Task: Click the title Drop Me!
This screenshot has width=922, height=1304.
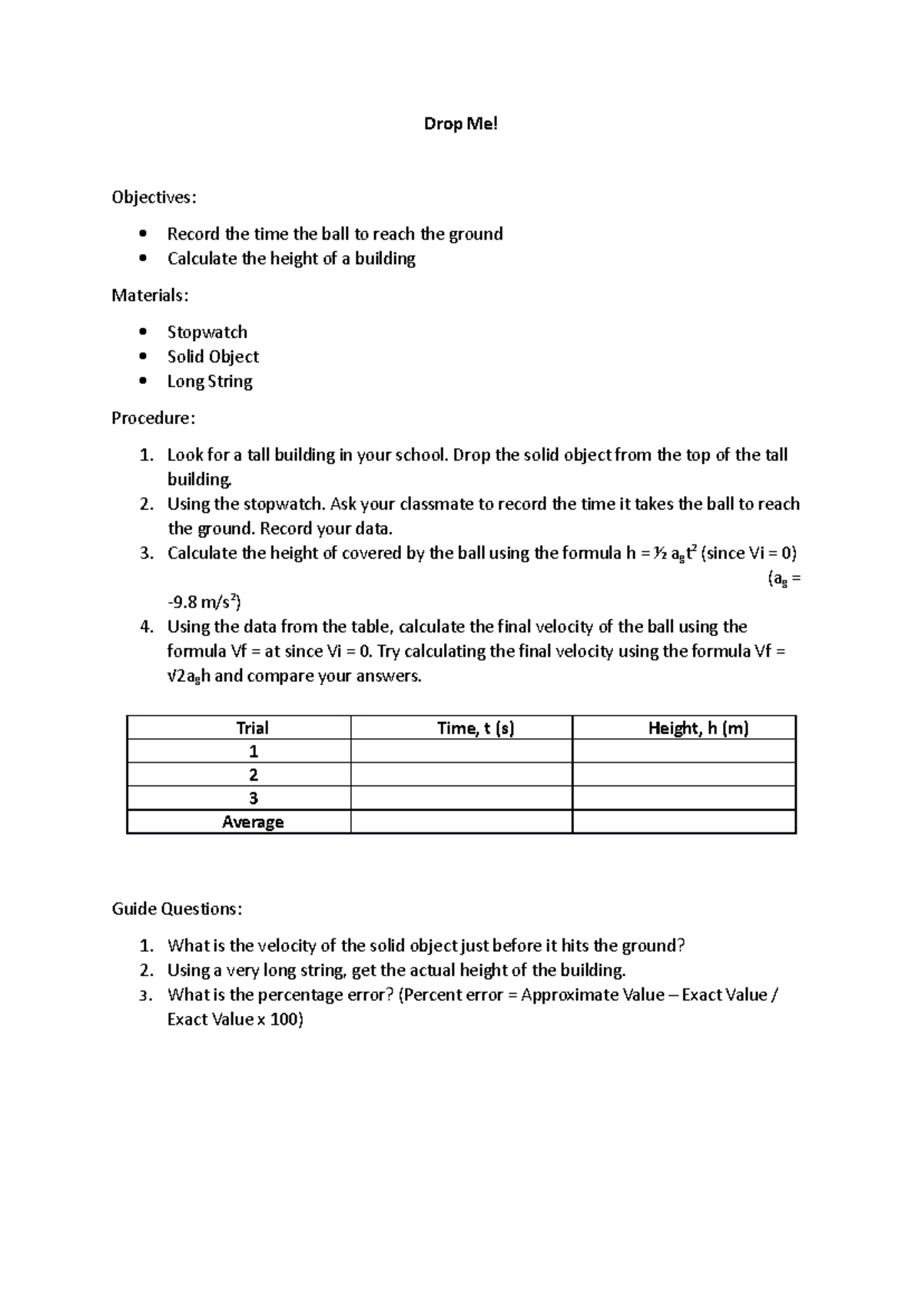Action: coord(460,124)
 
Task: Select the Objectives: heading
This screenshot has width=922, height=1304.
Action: coord(154,197)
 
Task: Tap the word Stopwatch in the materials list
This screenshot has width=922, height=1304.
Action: coord(207,333)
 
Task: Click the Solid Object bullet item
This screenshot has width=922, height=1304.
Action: coord(213,357)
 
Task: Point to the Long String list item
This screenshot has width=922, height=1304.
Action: coord(210,382)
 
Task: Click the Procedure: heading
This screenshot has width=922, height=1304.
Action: coord(154,419)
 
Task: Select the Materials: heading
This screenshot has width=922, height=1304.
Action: coord(150,296)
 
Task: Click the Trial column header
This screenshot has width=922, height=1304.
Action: coord(252,728)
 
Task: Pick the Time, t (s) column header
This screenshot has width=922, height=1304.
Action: coord(475,728)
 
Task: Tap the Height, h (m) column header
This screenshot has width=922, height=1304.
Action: coord(698,728)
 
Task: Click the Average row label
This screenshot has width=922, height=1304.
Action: coord(253,822)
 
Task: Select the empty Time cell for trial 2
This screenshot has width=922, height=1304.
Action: coord(461,774)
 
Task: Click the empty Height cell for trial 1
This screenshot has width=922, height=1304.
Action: coord(684,751)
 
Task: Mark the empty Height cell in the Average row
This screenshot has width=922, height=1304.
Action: coord(684,822)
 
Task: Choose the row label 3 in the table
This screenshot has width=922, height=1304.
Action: coord(253,798)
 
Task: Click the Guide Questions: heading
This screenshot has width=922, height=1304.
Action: coord(177,909)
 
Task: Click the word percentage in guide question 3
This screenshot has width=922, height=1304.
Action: coord(298,995)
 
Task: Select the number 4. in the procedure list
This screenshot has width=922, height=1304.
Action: coord(147,627)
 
